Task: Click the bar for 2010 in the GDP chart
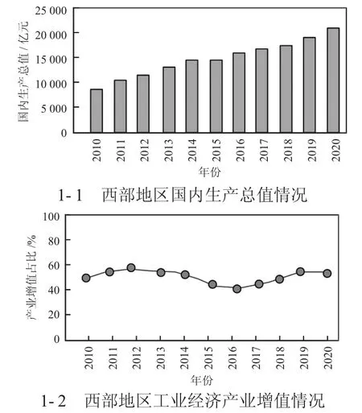tap(97, 111)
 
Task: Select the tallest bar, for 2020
tap(333, 81)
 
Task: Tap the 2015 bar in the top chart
tap(216, 97)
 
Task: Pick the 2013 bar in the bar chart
tap(169, 100)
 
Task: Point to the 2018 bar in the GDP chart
tap(286, 89)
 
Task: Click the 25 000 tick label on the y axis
tap(51, 10)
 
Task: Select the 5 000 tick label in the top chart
tap(54, 109)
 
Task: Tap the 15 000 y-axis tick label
tap(51, 60)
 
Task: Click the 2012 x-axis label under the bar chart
tap(144, 150)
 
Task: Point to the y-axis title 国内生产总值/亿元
tap(23, 72)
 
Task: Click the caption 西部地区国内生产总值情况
tap(204, 195)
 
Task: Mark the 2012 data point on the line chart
tap(131, 267)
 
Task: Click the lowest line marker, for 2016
tap(237, 289)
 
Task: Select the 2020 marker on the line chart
tap(327, 274)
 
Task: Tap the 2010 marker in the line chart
tap(86, 278)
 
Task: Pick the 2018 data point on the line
tap(279, 279)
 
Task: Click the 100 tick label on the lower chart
tap(51, 217)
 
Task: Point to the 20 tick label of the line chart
tap(54, 314)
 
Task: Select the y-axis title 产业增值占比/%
tap(31, 277)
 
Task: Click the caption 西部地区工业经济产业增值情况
tap(204, 401)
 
